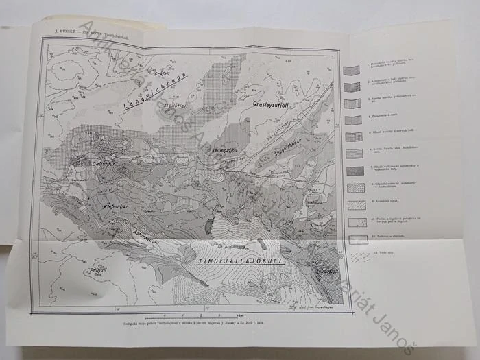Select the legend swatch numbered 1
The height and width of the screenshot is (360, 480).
pyautogui.click(x=352, y=71)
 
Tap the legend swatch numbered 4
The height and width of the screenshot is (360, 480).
pyautogui.click(x=352, y=119)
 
